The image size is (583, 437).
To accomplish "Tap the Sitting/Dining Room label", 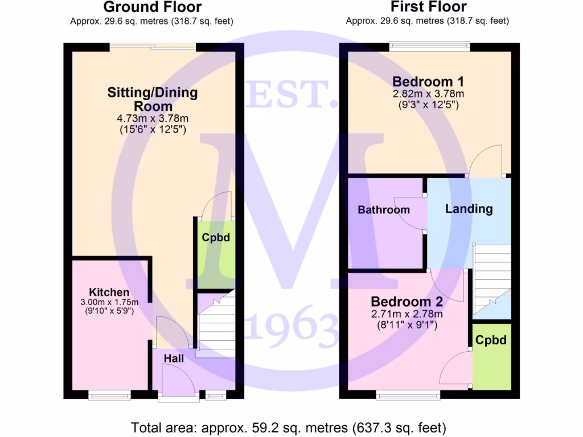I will tap(152, 99).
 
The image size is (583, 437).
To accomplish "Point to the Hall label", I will tap(174, 358).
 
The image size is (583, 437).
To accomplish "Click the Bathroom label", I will tap(383, 210).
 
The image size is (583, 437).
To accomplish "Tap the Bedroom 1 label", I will tap(428, 81).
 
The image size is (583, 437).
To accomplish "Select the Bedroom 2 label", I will tap(407, 301).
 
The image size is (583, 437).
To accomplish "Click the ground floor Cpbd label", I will tap(216, 237).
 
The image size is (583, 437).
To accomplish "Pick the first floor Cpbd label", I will tap(491, 340).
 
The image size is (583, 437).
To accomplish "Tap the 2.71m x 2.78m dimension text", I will tap(407, 314).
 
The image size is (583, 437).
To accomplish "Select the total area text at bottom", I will tap(289, 427).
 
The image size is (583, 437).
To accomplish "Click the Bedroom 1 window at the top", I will tap(429, 45).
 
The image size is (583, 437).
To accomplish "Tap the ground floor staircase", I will tap(216, 324).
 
